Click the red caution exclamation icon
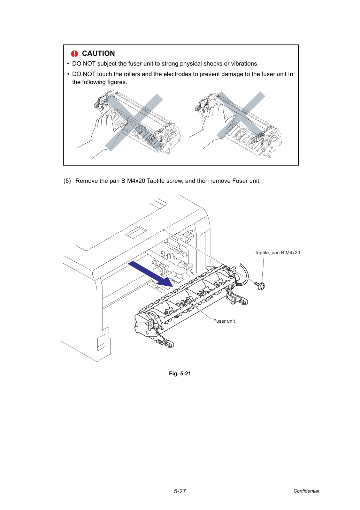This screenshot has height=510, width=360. point(74,54)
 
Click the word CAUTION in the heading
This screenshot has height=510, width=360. point(98,53)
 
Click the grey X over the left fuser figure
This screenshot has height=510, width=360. point(134,122)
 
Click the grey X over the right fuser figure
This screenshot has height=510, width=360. point(240,115)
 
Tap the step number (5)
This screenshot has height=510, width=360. point(67,181)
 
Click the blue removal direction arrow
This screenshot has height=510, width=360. point(151,274)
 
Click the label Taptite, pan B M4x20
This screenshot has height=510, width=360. point(277,253)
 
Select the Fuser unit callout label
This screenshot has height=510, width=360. point(224,321)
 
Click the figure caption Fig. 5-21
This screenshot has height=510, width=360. point(180,373)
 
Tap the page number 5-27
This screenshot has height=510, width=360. point(180,491)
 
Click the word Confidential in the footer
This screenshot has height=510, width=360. point(306,491)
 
